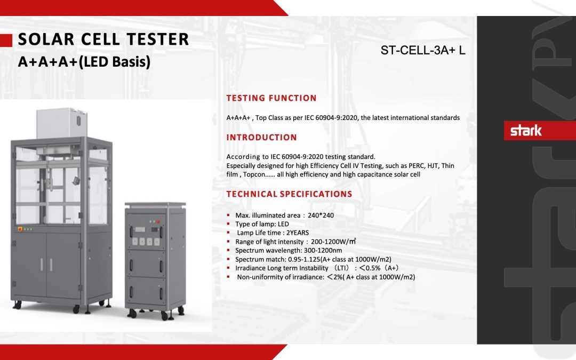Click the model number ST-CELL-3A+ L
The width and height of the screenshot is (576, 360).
coord(423,51)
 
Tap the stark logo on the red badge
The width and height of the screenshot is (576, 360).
coord(526,131)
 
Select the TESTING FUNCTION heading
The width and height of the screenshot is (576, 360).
coord(271,98)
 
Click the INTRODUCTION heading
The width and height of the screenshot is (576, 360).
coord(261,138)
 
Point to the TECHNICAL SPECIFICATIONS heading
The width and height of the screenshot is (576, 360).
coord(289,194)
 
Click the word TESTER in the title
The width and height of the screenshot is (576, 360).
coord(158,39)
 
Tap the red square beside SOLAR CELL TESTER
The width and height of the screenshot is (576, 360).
coord(6,40)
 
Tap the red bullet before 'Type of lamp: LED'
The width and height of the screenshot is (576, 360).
coord(228,225)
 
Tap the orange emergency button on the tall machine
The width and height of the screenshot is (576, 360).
coord(21,229)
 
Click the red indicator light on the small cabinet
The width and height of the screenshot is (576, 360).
coord(151,221)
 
